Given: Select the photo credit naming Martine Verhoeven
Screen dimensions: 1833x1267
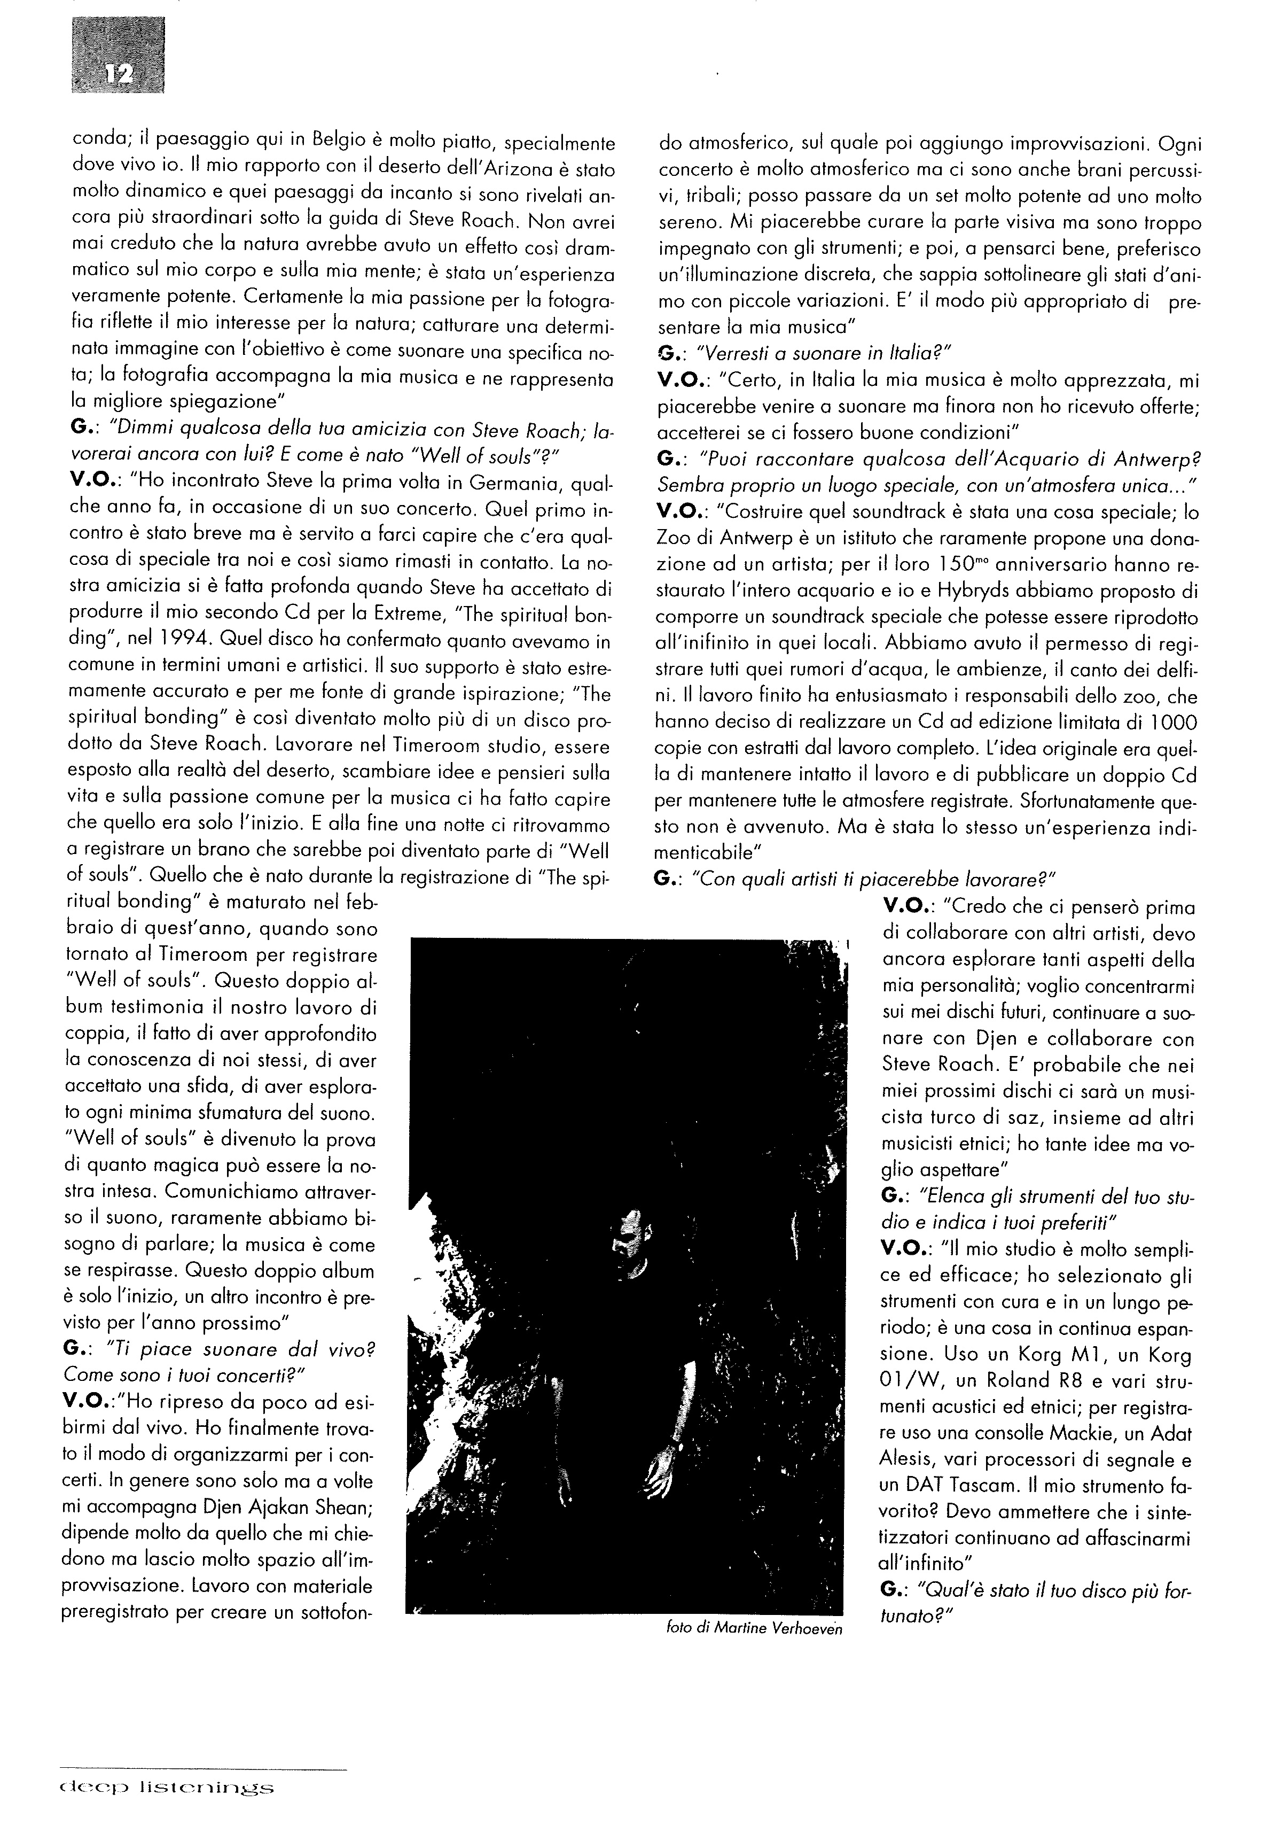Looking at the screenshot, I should [754, 1629].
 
